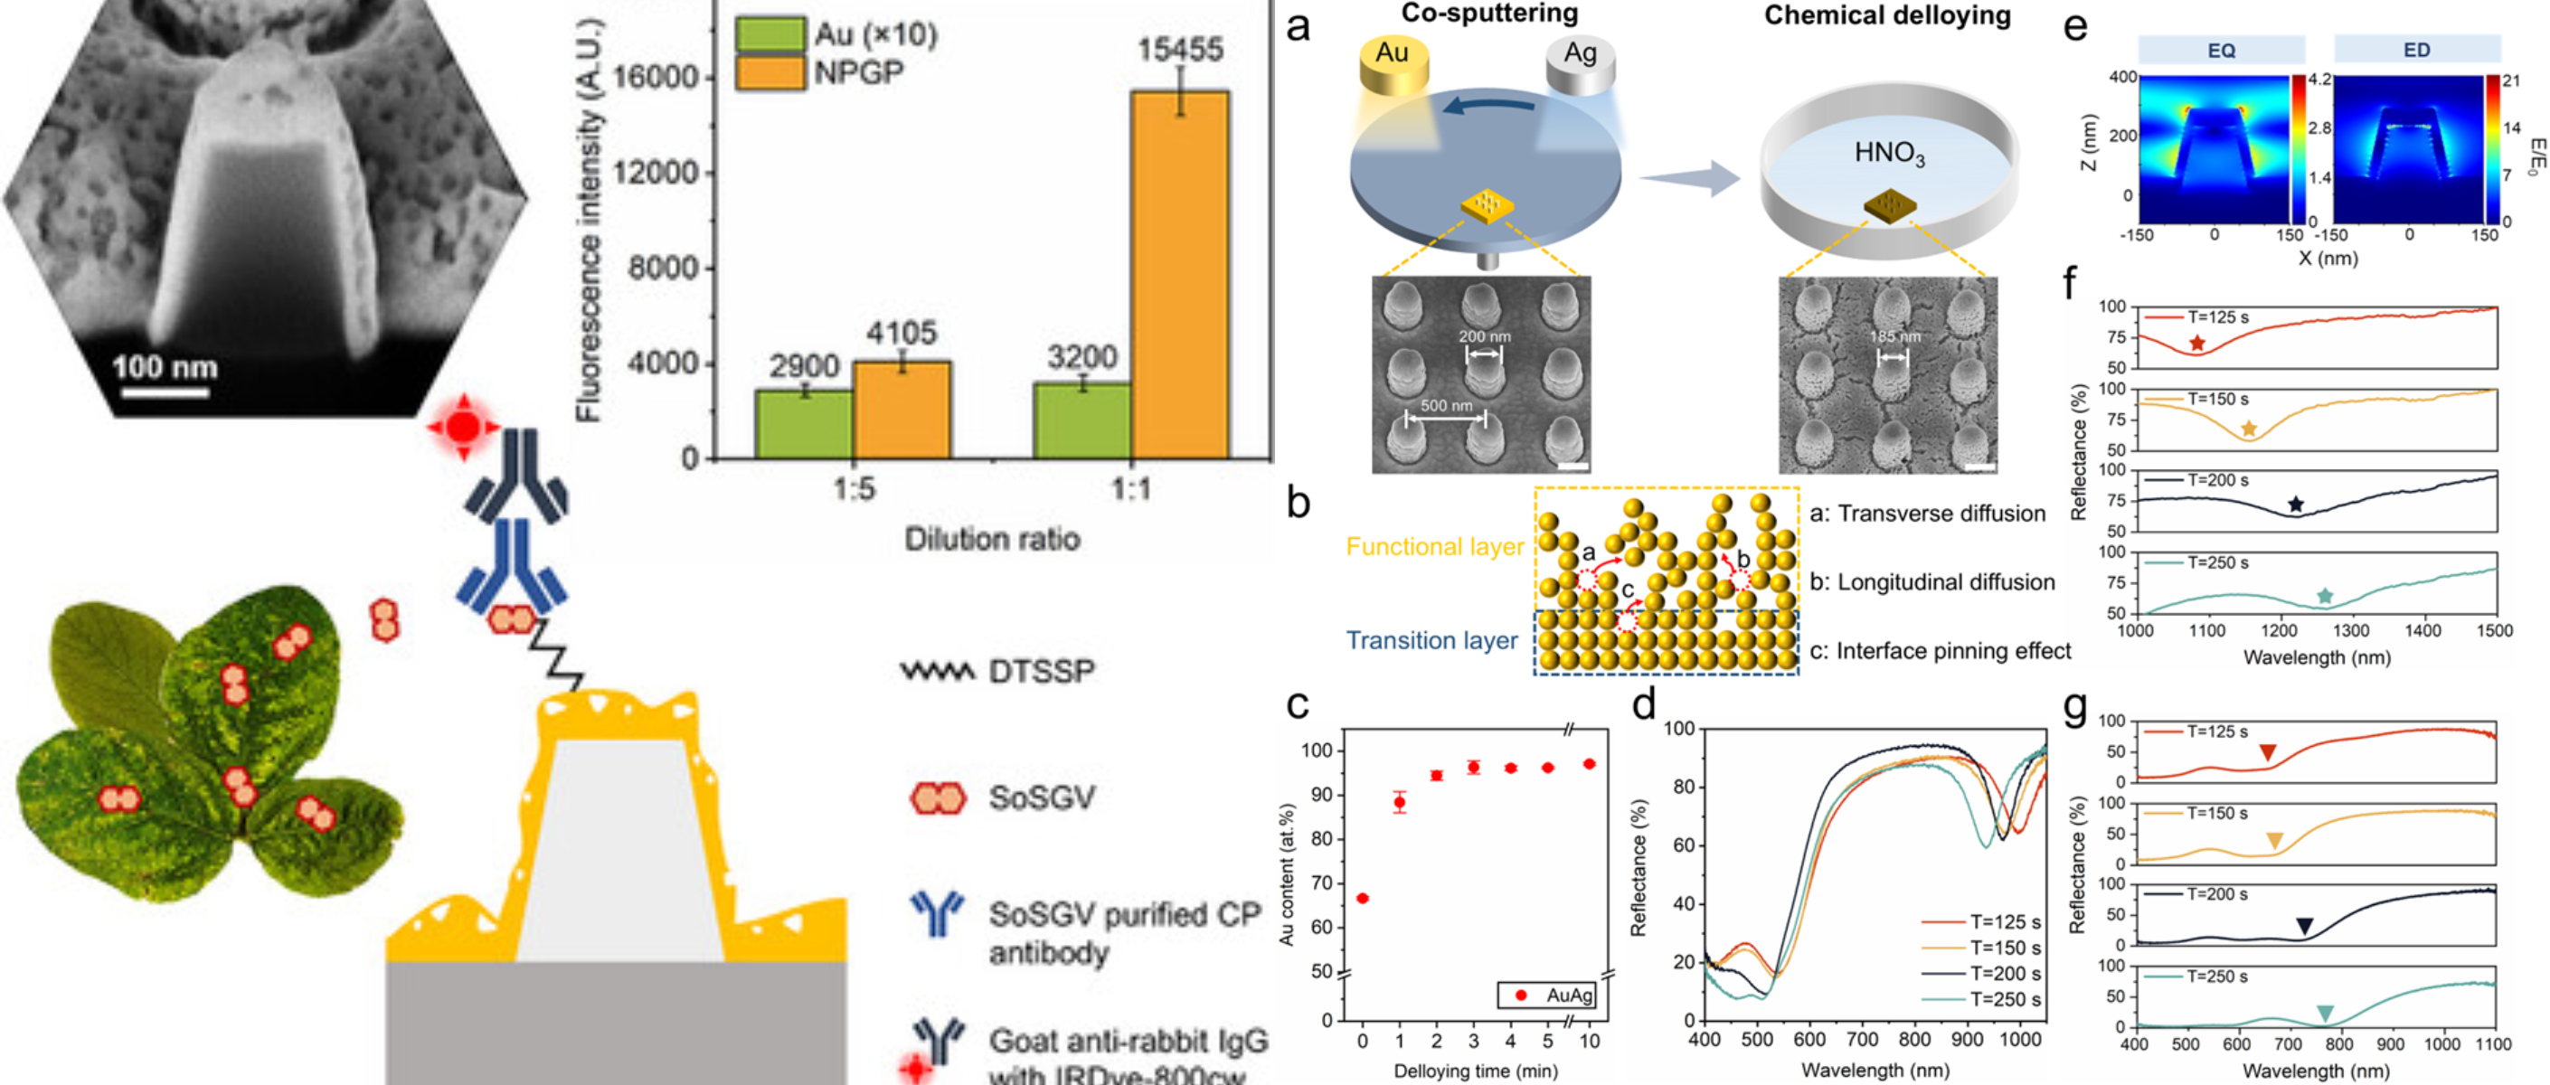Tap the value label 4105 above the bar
click(x=901, y=334)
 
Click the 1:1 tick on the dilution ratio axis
click(x=1130, y=489)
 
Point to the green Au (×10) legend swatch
click(x=770, y=34)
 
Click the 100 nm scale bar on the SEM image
click(x=165, y=393)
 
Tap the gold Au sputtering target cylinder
click(x=1393, y=64)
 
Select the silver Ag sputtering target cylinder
click(x=1580, y=64)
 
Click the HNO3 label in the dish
click(x=1889, y=154)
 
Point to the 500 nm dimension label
click(x=1446, y=406)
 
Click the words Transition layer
click(x=1431, y=640)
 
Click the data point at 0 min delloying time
click(x=1362, y=898)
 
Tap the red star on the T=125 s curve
click(x=2196, y=344)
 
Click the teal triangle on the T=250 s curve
click(x=2325, y=1013)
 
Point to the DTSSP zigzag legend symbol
click(x=937, y=672)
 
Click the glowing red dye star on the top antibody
click(x=462, y=428)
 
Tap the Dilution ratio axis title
click(x=992, y=540)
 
